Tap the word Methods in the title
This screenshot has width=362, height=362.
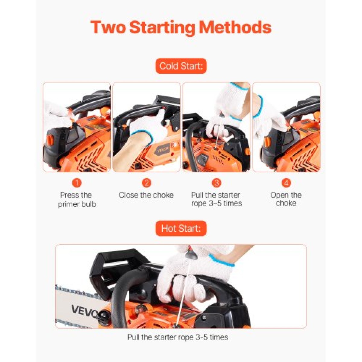pos(235,27)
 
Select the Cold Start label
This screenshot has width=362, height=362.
pos(181,66)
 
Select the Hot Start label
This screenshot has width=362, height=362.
pos(181,228)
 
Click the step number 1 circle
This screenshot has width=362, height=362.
pos(77,183)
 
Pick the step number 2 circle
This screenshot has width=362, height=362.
pos(146,183)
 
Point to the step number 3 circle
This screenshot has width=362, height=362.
pos(216,183)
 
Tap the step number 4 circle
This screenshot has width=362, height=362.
pos(286,183)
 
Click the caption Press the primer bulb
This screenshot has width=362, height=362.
pos(77,199)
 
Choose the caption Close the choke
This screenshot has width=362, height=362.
pos(146,195)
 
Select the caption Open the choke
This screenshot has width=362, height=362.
pos(286,199)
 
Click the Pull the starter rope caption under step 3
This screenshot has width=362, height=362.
pos(216,199)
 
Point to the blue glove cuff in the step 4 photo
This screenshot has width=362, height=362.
pos(258,106)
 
